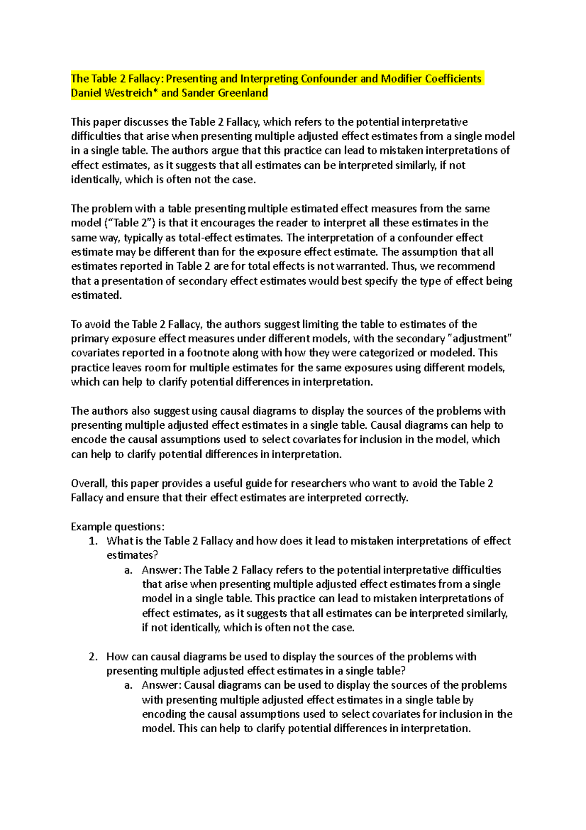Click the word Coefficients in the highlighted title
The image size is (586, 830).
click(x=453, y=79)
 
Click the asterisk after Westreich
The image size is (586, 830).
click(x=156, y=92)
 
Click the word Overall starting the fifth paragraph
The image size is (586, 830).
click(x=88, y=483)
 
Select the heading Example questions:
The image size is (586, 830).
click(x=118, y=526)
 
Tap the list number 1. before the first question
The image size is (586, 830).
click(x=93, y=541)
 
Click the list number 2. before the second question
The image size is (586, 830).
click(x=93, y=656)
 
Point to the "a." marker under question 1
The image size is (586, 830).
click(x=128, y=570)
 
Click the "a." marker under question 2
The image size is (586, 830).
click(x=128, y=685)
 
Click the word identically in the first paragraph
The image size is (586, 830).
click(x=96, y=179)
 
